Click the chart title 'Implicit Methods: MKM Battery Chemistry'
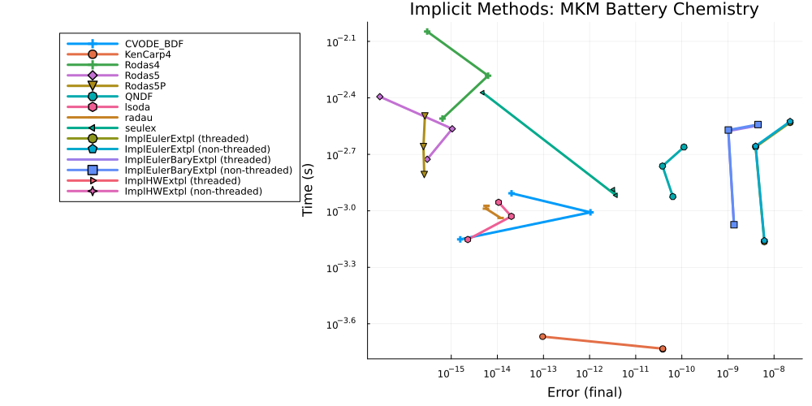584,10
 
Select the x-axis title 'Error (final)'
585,392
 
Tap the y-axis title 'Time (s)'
308,188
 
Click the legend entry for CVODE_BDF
147,43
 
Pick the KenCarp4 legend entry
147,54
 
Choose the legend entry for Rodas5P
147,85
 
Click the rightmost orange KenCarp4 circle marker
663,348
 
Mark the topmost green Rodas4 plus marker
427,32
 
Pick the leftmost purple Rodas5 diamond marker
380,97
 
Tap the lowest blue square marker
734,224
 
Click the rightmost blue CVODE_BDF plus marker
590,212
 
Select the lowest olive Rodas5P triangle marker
424,174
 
